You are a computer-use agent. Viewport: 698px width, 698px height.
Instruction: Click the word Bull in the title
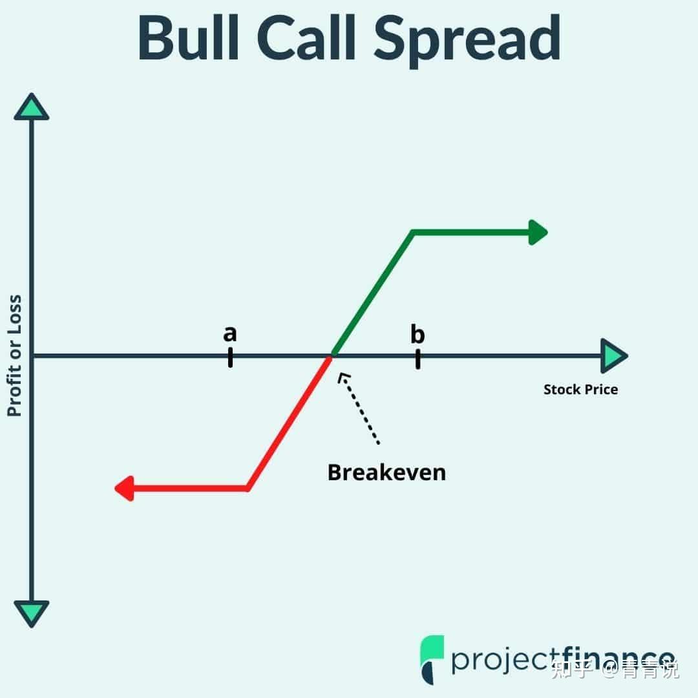pos(189,37)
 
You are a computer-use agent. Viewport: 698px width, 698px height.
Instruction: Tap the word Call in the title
pos(306,37)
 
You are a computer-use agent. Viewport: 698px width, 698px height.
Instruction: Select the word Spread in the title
pos(467,40)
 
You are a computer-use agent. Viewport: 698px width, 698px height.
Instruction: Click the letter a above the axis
pos(229,333)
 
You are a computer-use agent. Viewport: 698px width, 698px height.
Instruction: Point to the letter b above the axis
pos(418,334)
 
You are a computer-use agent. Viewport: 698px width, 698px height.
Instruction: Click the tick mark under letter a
pos(230,357)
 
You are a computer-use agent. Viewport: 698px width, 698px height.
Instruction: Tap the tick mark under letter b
pos(418,359)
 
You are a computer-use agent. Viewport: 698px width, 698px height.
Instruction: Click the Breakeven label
pos(386,472)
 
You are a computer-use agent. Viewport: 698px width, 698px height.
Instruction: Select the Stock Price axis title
pos(580,390)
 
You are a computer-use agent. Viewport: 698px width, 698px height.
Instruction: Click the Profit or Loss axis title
pos(15,355)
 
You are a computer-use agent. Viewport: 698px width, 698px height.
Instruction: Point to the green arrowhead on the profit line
pos(538,233)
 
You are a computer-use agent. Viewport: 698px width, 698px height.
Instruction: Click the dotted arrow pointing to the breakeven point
pos(358,408)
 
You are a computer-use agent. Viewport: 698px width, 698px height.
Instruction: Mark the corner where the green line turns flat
pos(413,233)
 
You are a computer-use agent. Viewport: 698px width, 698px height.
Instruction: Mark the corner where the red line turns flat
pos(248,489)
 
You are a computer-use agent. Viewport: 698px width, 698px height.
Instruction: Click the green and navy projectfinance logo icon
pos(432,659)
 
